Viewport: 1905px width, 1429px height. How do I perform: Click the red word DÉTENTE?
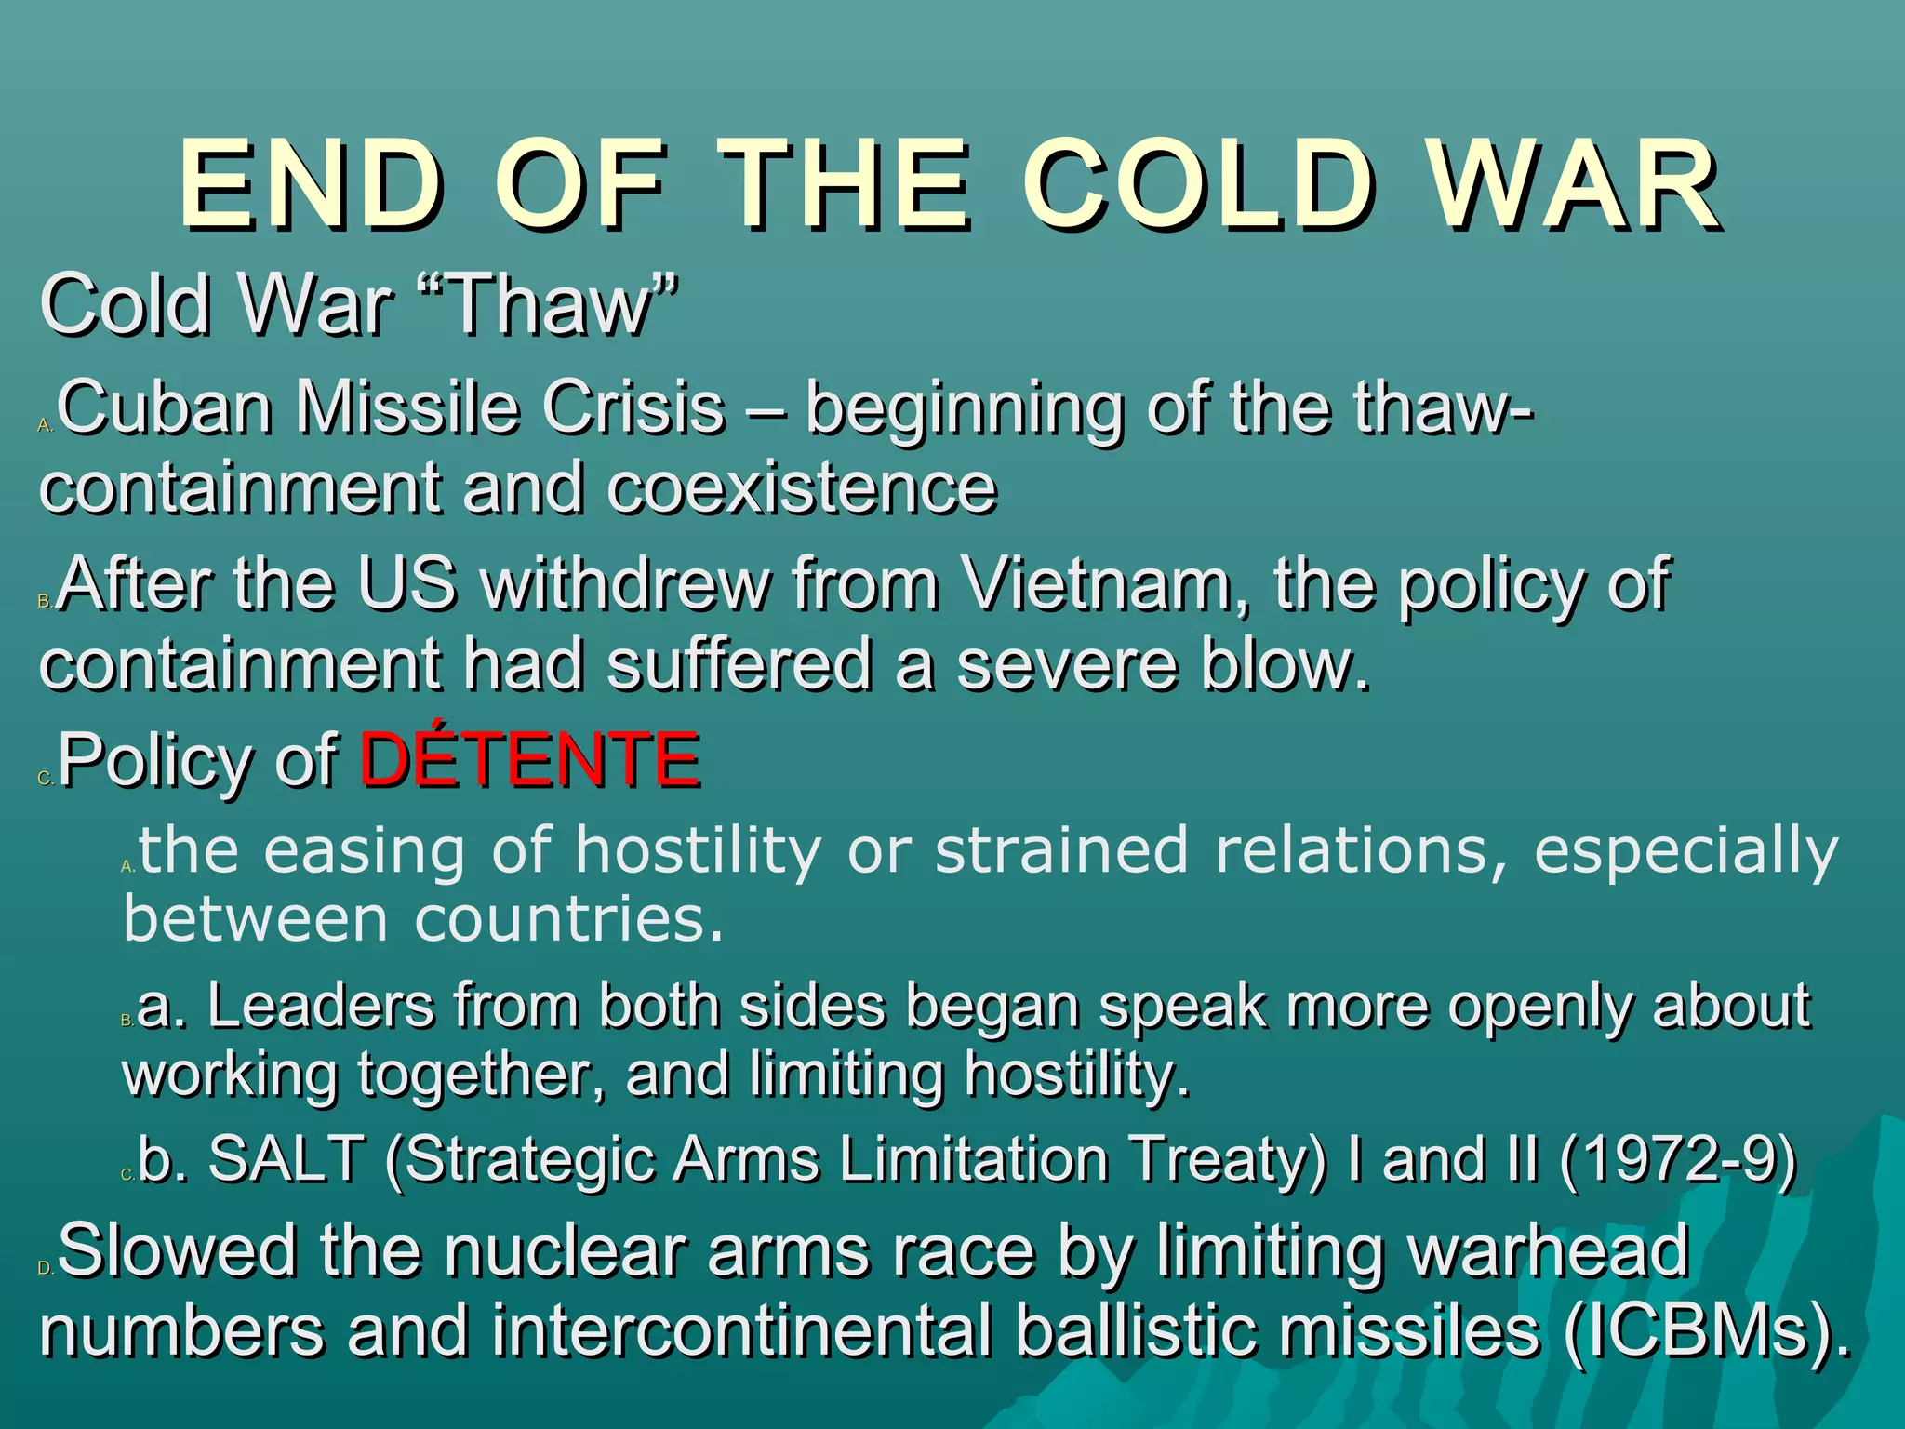(x=529, y=760)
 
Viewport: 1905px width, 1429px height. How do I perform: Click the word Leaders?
(x=321, y=1006)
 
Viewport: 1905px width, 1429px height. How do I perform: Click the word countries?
(x=567, y=920)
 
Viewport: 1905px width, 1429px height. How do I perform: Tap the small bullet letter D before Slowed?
(x=46, y=1268)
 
